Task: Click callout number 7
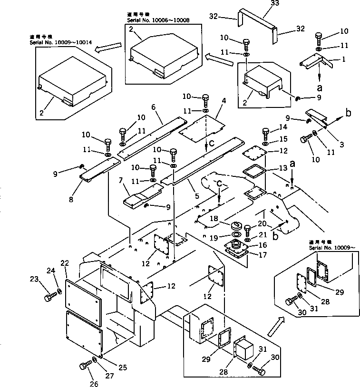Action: [122, 181]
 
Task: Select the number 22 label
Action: [65, 263]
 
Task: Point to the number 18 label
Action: [214, 219]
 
